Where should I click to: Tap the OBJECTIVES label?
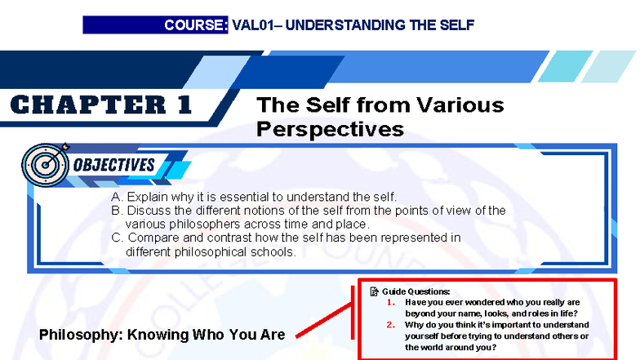click(114, 165)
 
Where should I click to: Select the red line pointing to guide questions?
click(323, 323)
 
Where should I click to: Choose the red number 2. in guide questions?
click(391, 325)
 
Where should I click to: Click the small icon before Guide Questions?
click(375, 291)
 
